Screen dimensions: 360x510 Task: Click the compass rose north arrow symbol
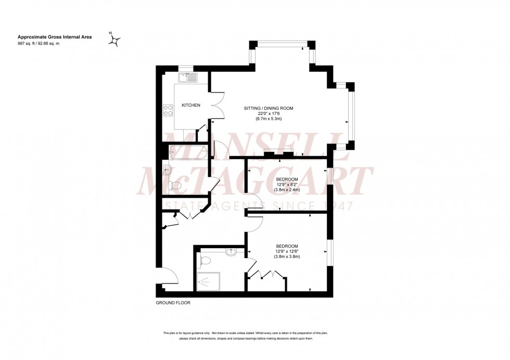click(x=115, y=40)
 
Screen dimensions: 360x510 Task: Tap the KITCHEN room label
click(x=190, y=106)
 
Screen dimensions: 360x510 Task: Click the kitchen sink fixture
click(x=187, y=78)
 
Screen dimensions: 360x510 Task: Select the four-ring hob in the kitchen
click(x=169, y=110)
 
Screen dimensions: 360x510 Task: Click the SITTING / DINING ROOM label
click(x=269, y=108)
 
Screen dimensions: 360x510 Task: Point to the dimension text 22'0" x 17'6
click(x=269, y=114)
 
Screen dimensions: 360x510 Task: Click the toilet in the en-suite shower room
click(x=206, y=261)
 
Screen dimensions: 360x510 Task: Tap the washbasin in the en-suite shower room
click(x=232, y=252)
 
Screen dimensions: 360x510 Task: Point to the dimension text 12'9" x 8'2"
click(x=287, y=184)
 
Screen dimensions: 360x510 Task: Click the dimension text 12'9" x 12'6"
click(x=287, y=251)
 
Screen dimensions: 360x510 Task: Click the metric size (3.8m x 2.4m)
click(x=287, y=190)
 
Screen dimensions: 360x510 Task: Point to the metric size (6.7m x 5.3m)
click(x=269, y=120)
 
